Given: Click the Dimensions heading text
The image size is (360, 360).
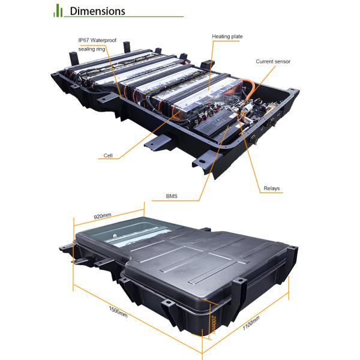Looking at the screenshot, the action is [x=97, y=11].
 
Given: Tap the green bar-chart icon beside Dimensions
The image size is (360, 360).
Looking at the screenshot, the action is [x=58, y=11].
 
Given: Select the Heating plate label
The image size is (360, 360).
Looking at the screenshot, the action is [x=227, y=37].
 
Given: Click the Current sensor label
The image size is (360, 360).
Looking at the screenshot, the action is [x=273, y=62].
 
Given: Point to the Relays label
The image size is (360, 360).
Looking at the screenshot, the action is [x=272, y=188].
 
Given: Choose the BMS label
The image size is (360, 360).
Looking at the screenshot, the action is [x=172, y=196].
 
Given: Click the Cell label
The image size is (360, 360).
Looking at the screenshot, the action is [x=108, y=155].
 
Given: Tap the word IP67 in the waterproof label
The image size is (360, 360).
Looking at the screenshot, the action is [x=83, y=40].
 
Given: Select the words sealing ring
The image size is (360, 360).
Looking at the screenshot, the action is [x=92, y=49].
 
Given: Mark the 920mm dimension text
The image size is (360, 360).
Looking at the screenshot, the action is [x=103, y=216].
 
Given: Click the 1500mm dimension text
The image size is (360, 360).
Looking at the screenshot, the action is [x=118, y=312].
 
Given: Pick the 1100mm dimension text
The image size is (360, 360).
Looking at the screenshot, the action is [x=251, y=323].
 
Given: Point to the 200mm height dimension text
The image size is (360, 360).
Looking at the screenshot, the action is [x=214, y=325].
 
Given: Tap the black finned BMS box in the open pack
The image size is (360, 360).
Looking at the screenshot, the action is [x=215, y=123].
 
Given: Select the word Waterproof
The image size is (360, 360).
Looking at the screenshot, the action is [x=103, y=40].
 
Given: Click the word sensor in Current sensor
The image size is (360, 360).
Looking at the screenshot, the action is [x=282, y=62].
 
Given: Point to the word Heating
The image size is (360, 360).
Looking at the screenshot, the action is [x=221, y=37].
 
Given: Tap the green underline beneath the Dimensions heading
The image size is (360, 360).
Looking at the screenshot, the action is [x=124, y=17].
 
